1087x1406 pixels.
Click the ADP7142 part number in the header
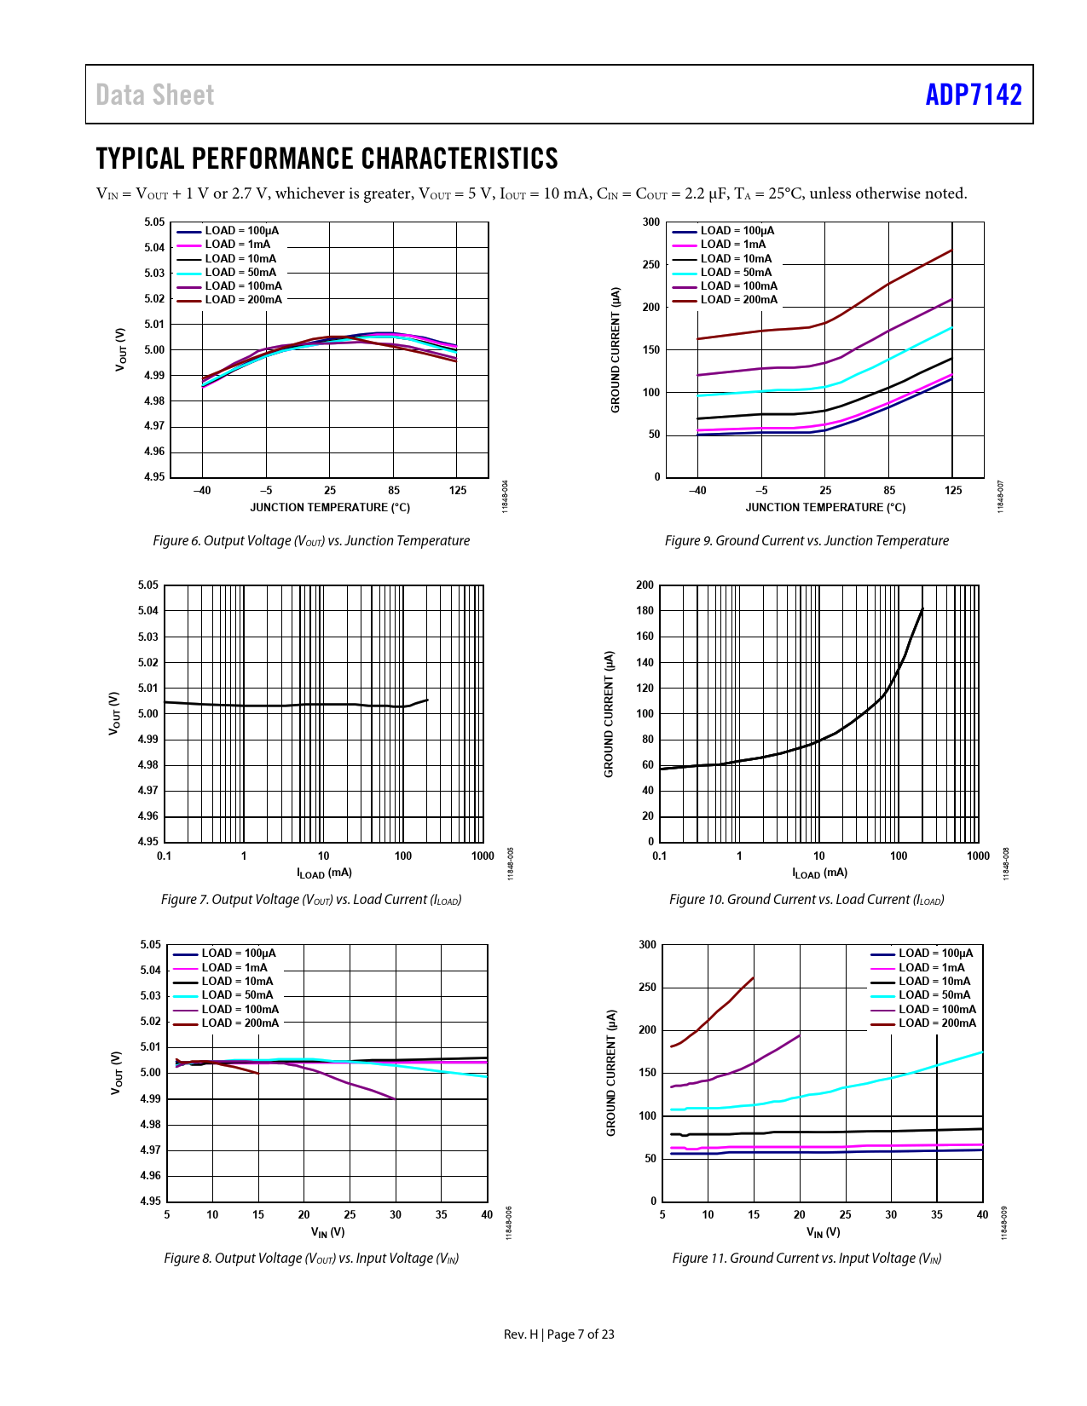[x=973, y=95]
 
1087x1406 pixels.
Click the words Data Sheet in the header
[x=155, y=95]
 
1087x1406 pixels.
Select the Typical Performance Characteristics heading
[x=327, y=158]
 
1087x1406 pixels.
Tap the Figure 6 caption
[x=311, y=540]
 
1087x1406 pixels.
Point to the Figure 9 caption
[x=807, y=540]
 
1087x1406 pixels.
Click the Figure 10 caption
[x=807, y=899]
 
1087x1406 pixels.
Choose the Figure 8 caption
[x=311, y=1258]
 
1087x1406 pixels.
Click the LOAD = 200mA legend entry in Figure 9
[x=738, y=300]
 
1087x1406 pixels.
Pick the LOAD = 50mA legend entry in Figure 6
[x=240, y=273]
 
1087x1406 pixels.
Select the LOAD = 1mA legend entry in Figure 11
[x=931, y=967]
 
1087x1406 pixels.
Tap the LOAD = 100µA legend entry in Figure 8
[x=238, y=954]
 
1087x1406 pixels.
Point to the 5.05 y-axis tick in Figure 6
[x=154, y=222]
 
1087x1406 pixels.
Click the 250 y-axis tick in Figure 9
[x=651, y=264]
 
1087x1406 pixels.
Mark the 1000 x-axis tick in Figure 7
[x=483, y=856]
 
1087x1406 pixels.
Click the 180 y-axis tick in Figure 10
[x=645, y=611]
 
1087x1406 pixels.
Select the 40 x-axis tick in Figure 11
[x=982, y=1215]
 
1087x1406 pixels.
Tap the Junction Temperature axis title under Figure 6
[x=330, y=508]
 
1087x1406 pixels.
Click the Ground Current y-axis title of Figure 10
[x=609, y=714]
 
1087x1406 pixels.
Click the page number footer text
[x=558, y=1334]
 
